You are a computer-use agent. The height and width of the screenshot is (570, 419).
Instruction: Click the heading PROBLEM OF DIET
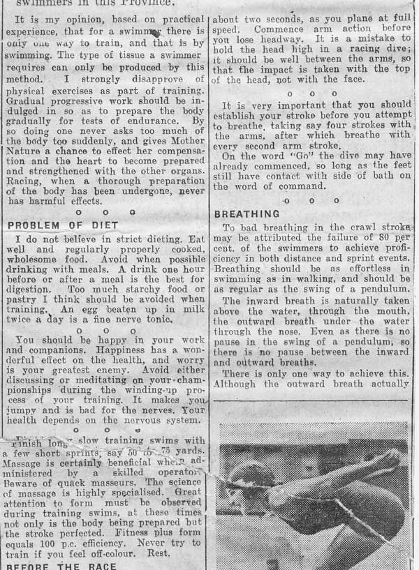63,225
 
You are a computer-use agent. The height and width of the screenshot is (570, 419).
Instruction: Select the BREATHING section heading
247,213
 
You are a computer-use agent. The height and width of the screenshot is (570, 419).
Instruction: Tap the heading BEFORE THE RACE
61,566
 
